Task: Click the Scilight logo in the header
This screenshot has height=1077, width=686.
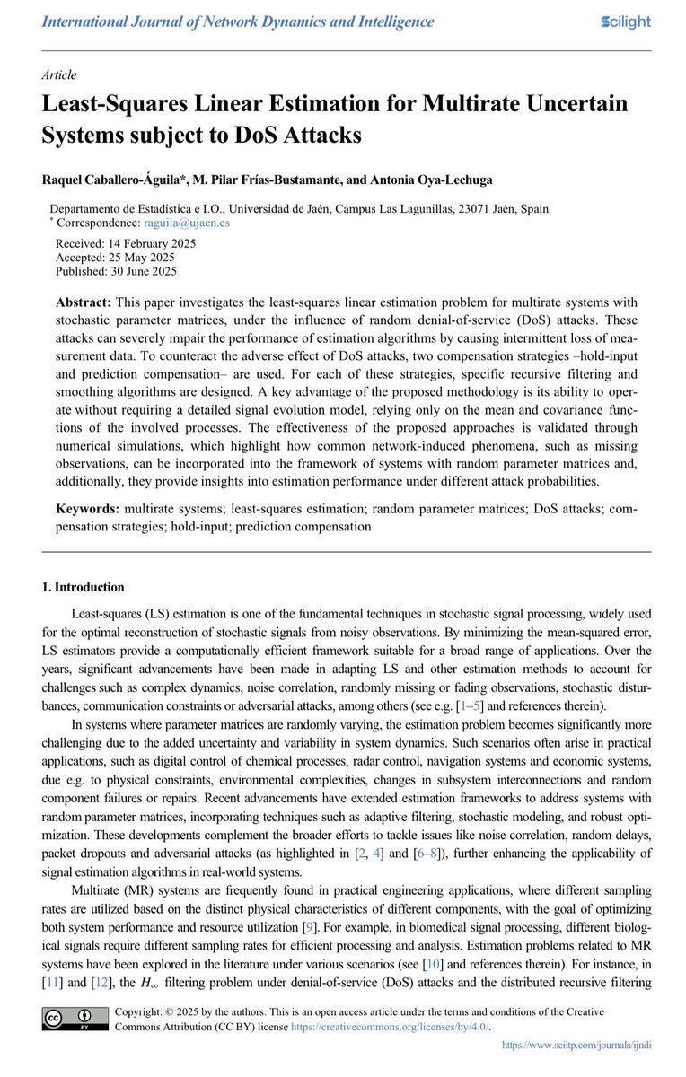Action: click(x=625, y=22)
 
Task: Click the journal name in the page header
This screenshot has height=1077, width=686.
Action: click(x=237, y=22)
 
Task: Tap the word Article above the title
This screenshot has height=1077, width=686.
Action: click(x=59, y=75)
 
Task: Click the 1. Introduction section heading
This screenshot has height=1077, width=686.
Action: click(x=84, y=588)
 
